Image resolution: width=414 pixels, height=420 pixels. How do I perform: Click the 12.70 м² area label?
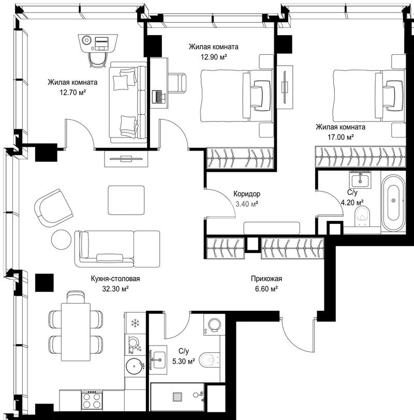coord(72,93)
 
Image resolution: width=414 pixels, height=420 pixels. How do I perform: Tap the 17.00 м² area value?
coord(341,138)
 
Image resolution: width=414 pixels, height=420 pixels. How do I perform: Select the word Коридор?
coord(247,193)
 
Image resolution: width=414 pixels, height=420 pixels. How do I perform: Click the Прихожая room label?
coord(267,279)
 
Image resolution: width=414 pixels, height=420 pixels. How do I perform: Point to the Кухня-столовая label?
coord(115,279)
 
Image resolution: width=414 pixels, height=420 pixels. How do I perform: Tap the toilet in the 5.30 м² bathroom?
coord(210,361)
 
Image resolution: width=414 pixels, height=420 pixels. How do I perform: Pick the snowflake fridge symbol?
coord(135,323)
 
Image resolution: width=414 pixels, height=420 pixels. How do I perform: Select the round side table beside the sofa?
coord(62,239)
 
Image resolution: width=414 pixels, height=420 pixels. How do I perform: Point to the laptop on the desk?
coord(159,97)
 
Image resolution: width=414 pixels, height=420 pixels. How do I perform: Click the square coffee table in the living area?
coord(126,200)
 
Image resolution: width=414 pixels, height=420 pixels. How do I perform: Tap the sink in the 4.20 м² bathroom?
coord(360,179)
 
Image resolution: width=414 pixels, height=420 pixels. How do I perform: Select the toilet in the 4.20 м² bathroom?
coord(362,216)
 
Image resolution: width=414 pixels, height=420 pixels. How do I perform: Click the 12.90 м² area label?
coord(214,57)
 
